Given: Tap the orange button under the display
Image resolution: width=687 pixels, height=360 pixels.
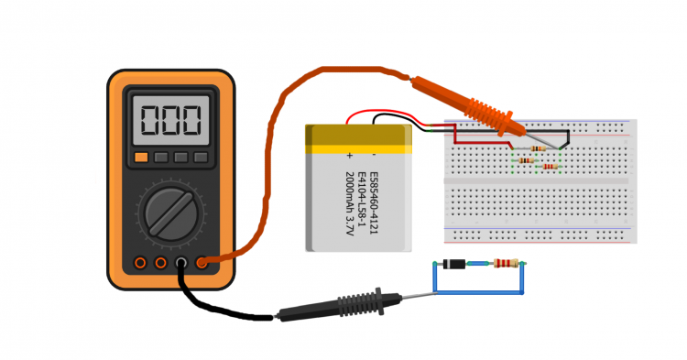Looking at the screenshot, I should pos(141,158).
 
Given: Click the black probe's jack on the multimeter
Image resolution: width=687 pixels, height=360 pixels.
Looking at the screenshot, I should pos(181,264).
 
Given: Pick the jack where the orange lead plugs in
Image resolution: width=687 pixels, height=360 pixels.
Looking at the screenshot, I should pos(202,264).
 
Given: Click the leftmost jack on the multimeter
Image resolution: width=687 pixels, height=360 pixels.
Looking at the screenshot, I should pos(140,264).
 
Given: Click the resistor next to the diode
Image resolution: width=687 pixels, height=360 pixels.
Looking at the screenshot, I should pos(505,265).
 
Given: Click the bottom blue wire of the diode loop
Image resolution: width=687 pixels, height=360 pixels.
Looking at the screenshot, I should pos(477,293).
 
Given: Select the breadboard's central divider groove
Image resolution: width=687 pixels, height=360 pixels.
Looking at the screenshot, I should pos(540,181).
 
